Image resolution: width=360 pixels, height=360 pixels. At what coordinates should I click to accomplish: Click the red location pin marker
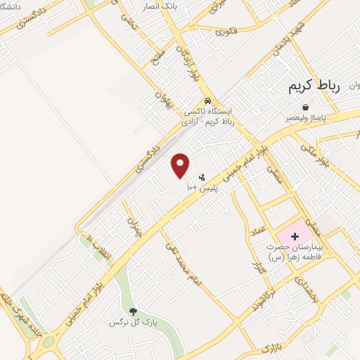[x=181, y=165]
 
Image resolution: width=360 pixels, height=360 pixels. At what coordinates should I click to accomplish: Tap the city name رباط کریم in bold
[x=314, y=86]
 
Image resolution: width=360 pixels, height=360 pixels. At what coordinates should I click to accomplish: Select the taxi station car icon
[x=207, y=101]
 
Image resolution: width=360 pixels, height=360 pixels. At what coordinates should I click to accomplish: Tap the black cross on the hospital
[x=294, y=236]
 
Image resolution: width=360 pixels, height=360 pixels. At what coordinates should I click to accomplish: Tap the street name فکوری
[x=226, y=30]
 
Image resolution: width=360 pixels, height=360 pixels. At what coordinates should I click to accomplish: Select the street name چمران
[x=131, y=223]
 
